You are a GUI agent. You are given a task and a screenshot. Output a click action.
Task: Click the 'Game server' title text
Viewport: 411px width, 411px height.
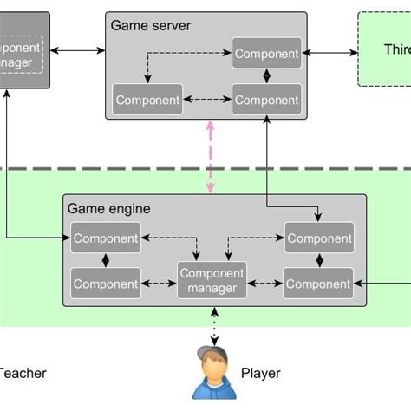point(151,25)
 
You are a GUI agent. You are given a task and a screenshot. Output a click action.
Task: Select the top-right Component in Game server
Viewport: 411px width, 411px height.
point(267,54)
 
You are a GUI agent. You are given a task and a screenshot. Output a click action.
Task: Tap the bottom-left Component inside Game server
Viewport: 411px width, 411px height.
point(147,100)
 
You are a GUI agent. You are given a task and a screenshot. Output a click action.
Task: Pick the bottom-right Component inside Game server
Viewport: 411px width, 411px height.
point(267,100)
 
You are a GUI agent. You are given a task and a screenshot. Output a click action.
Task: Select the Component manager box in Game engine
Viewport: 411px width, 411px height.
point(212,280)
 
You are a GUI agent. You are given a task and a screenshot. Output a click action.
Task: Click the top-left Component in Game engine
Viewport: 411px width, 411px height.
point(105,238)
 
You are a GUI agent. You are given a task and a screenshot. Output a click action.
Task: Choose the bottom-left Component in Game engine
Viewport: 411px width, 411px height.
point(105,284)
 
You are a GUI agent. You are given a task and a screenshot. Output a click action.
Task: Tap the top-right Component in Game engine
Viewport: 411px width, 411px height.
point(319,238)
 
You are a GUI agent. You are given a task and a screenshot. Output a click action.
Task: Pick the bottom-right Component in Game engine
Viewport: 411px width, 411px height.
point(319,284)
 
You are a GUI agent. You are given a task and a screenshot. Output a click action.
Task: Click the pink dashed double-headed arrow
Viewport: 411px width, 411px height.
point(208,157)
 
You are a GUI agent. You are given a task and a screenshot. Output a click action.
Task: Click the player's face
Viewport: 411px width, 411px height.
point(212,371)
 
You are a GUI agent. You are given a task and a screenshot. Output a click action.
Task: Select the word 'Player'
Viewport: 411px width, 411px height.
point(260,375)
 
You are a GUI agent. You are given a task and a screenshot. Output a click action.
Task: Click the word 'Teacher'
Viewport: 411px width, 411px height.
point(23,375)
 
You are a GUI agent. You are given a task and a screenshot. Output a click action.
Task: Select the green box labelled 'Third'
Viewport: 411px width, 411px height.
point(385,49)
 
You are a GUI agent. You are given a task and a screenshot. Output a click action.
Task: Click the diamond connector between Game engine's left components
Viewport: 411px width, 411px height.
point(105,261)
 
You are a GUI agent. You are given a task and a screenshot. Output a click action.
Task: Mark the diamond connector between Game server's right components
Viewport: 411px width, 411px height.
point(267,76)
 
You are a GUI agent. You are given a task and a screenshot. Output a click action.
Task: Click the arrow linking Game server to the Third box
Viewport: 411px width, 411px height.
point(330,54)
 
